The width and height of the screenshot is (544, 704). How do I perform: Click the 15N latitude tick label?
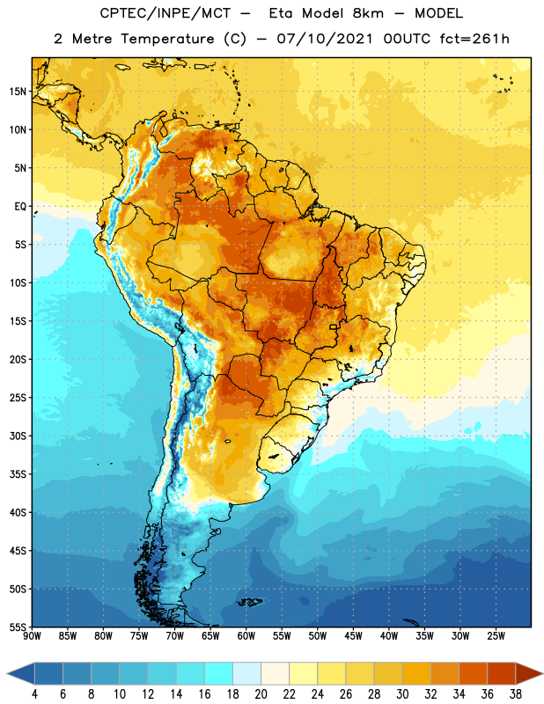(x=18, y=92)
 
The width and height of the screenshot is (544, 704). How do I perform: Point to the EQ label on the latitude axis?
(x=20, y=207)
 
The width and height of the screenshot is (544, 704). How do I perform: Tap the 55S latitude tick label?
(x=18, y=627)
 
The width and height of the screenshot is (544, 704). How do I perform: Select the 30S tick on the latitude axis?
(x=18, y=436)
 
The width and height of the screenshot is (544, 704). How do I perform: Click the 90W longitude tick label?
(x=32, y=636)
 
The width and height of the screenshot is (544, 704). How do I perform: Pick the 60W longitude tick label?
(x=246, y=636)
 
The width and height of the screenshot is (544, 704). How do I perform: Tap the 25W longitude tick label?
(x=496, y=636)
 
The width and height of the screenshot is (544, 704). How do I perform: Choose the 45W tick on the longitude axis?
(x=353, y=636)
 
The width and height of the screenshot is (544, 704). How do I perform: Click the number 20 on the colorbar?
(x=261, y=694)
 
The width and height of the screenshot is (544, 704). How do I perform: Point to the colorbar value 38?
(x=516, y=694)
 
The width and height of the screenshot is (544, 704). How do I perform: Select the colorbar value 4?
(x=34, y=694)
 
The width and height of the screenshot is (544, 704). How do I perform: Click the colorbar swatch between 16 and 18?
(x=218, y=673)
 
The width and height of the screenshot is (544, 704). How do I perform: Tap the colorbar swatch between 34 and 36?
(x=473, y=673)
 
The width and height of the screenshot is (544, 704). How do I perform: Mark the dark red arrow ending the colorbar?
(x=528, y=673)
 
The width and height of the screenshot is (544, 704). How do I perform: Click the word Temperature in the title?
(x=167, y=39)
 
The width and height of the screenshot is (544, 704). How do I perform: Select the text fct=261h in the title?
(x=474, y=39)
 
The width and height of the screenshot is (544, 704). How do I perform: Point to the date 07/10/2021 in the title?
(x=324, y=39)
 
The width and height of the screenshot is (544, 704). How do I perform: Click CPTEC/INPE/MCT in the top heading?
(x=165, y=13)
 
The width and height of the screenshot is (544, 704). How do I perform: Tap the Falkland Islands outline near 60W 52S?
(x=250, y=602)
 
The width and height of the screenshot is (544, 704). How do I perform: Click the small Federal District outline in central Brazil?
(x=334, y=326)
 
